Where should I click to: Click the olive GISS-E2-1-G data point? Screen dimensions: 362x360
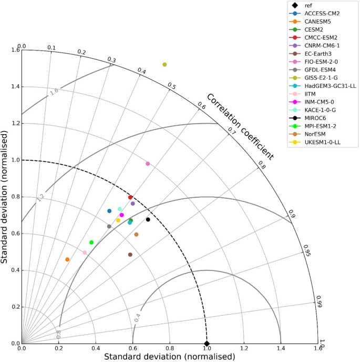click(x=164, y=65)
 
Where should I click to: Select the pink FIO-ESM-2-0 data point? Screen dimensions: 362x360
click(x=148, y=164)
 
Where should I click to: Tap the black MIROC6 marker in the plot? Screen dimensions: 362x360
click(x=148, y=219)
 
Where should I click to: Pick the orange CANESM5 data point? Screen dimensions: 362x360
click(x=67, y=259)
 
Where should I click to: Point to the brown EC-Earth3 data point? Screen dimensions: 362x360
click(x=130, y=255)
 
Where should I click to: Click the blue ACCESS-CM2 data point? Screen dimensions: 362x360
click(x=109, y=211)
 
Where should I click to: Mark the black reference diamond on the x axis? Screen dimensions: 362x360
click(x=207, y=344)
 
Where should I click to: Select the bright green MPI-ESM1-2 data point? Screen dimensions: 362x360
click(x=91, y=243)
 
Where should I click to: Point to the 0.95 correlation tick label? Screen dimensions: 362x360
click(x=307, y=252)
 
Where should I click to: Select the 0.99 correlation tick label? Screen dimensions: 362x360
click(x=318, y=300)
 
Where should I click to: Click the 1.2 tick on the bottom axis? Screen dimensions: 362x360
click(x=243, y=348)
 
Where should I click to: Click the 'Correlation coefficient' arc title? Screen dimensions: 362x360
click(x=240, y=127)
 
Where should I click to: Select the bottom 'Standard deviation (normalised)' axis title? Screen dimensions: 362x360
click(x=169, y=357)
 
